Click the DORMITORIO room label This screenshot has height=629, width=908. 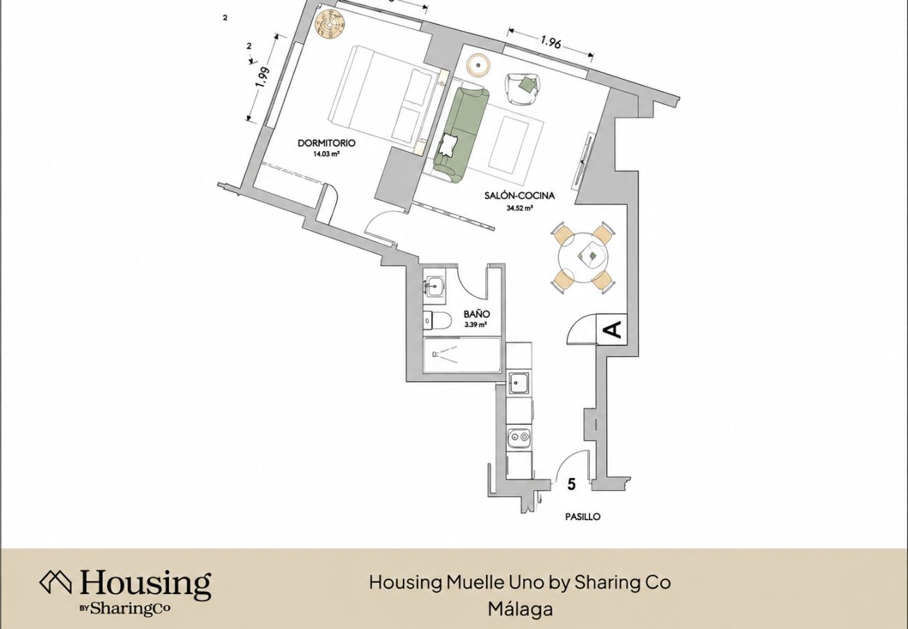326,143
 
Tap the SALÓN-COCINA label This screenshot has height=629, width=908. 519,196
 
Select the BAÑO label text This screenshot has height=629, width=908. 476,314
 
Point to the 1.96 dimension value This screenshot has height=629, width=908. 551,42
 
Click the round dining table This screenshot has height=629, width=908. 584,257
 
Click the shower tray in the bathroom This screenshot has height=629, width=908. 462,355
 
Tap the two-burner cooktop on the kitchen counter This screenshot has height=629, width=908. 519,436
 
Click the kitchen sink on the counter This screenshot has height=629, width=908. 519,383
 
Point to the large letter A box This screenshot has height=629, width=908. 612,330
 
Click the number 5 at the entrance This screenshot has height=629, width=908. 571,484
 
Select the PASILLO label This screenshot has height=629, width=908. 583,516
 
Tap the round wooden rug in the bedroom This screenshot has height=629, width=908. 331,24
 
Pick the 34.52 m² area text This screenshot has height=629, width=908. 519,208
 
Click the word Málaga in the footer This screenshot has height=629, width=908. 520,609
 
